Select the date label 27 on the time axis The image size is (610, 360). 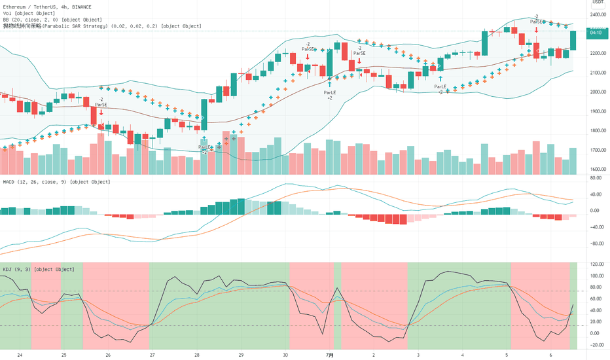[x=152, y=355]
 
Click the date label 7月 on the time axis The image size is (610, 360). [x=330, y=355]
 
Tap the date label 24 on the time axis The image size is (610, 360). [x=20, y=355]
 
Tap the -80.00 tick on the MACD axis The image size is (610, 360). [x=596, y=243]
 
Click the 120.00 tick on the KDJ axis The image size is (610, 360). [x=596, y=264]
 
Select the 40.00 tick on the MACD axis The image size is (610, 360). [x=596, y=194]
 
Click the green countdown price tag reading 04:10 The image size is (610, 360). [x=596, y=31]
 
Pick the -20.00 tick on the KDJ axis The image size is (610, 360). [x=596, y=345]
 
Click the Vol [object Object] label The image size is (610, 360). [x=26, y=12]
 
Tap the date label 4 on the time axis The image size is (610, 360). [x=462, y=355]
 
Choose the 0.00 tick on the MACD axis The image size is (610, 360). [x=596, y=211]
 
